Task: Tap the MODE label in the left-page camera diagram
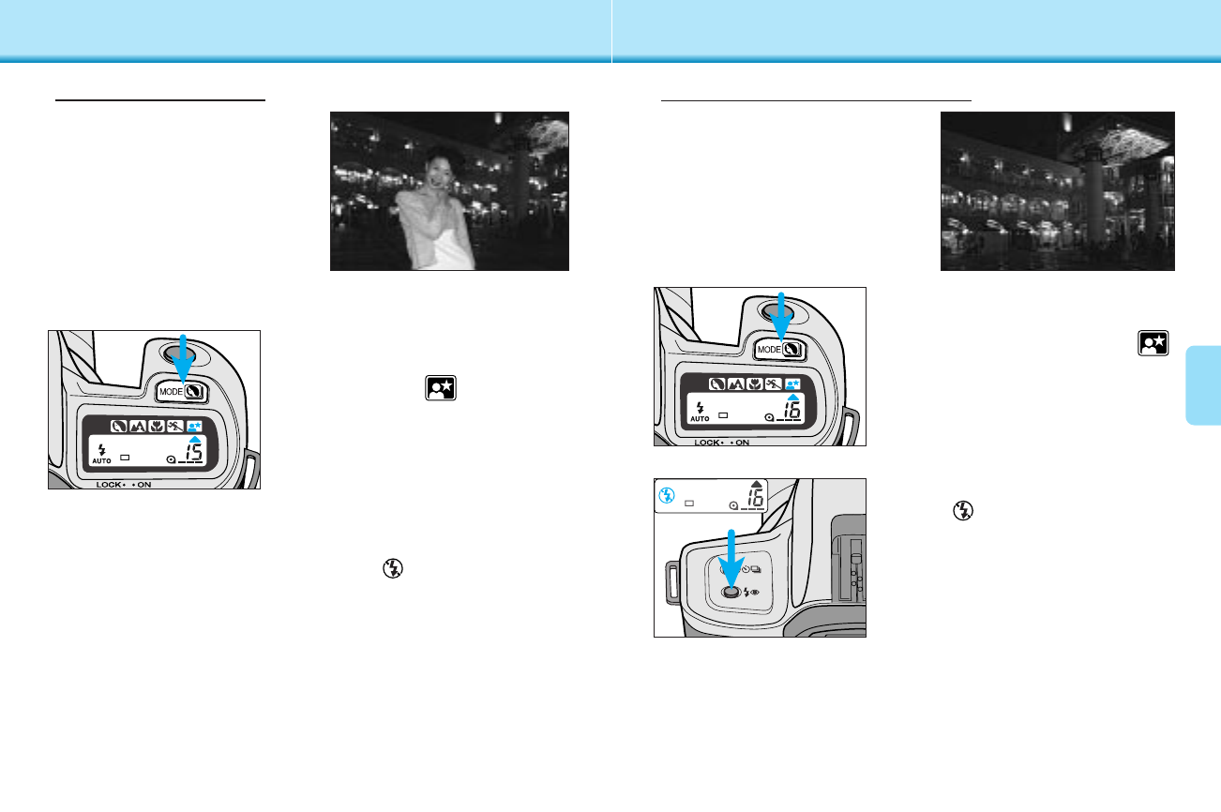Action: pos(171,392)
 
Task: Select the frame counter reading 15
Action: pos(193,453)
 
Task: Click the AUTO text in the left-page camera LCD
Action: pos(101,461)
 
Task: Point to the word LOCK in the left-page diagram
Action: pos(109,485)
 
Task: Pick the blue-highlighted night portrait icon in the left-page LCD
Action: pos(195,427)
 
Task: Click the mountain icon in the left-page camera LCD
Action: pos(137,427)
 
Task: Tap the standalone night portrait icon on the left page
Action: pos(441,388)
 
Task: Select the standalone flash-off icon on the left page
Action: pos(392,568)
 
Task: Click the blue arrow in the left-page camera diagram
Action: pos(183,358)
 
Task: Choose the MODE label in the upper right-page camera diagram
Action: pos(769,350)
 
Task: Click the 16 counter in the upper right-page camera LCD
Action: pos(791,410)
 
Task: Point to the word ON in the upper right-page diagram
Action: pos(743,443)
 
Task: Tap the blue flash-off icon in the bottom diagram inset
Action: pos(666,495)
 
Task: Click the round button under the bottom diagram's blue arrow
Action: pos(731,593)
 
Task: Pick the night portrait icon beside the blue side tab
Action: pos(1153,343)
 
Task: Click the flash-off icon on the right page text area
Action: pos(962,511)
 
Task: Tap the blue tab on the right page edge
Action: pos(1203,384)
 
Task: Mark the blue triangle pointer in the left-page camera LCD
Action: pos(195,439)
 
